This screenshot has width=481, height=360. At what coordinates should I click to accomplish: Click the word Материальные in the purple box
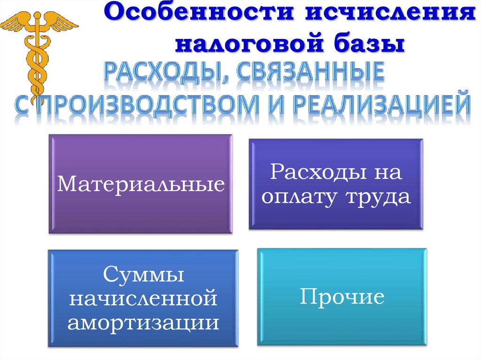[x=140, y=184]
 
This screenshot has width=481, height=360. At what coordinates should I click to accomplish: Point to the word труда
[x=379, y=197]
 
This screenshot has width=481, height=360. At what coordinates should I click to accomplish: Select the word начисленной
[x=143, y=299]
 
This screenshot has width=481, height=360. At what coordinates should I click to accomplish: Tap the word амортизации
[x=143, y=323]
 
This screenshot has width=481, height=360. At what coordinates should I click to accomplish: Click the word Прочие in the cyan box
[x=342, y=297]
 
